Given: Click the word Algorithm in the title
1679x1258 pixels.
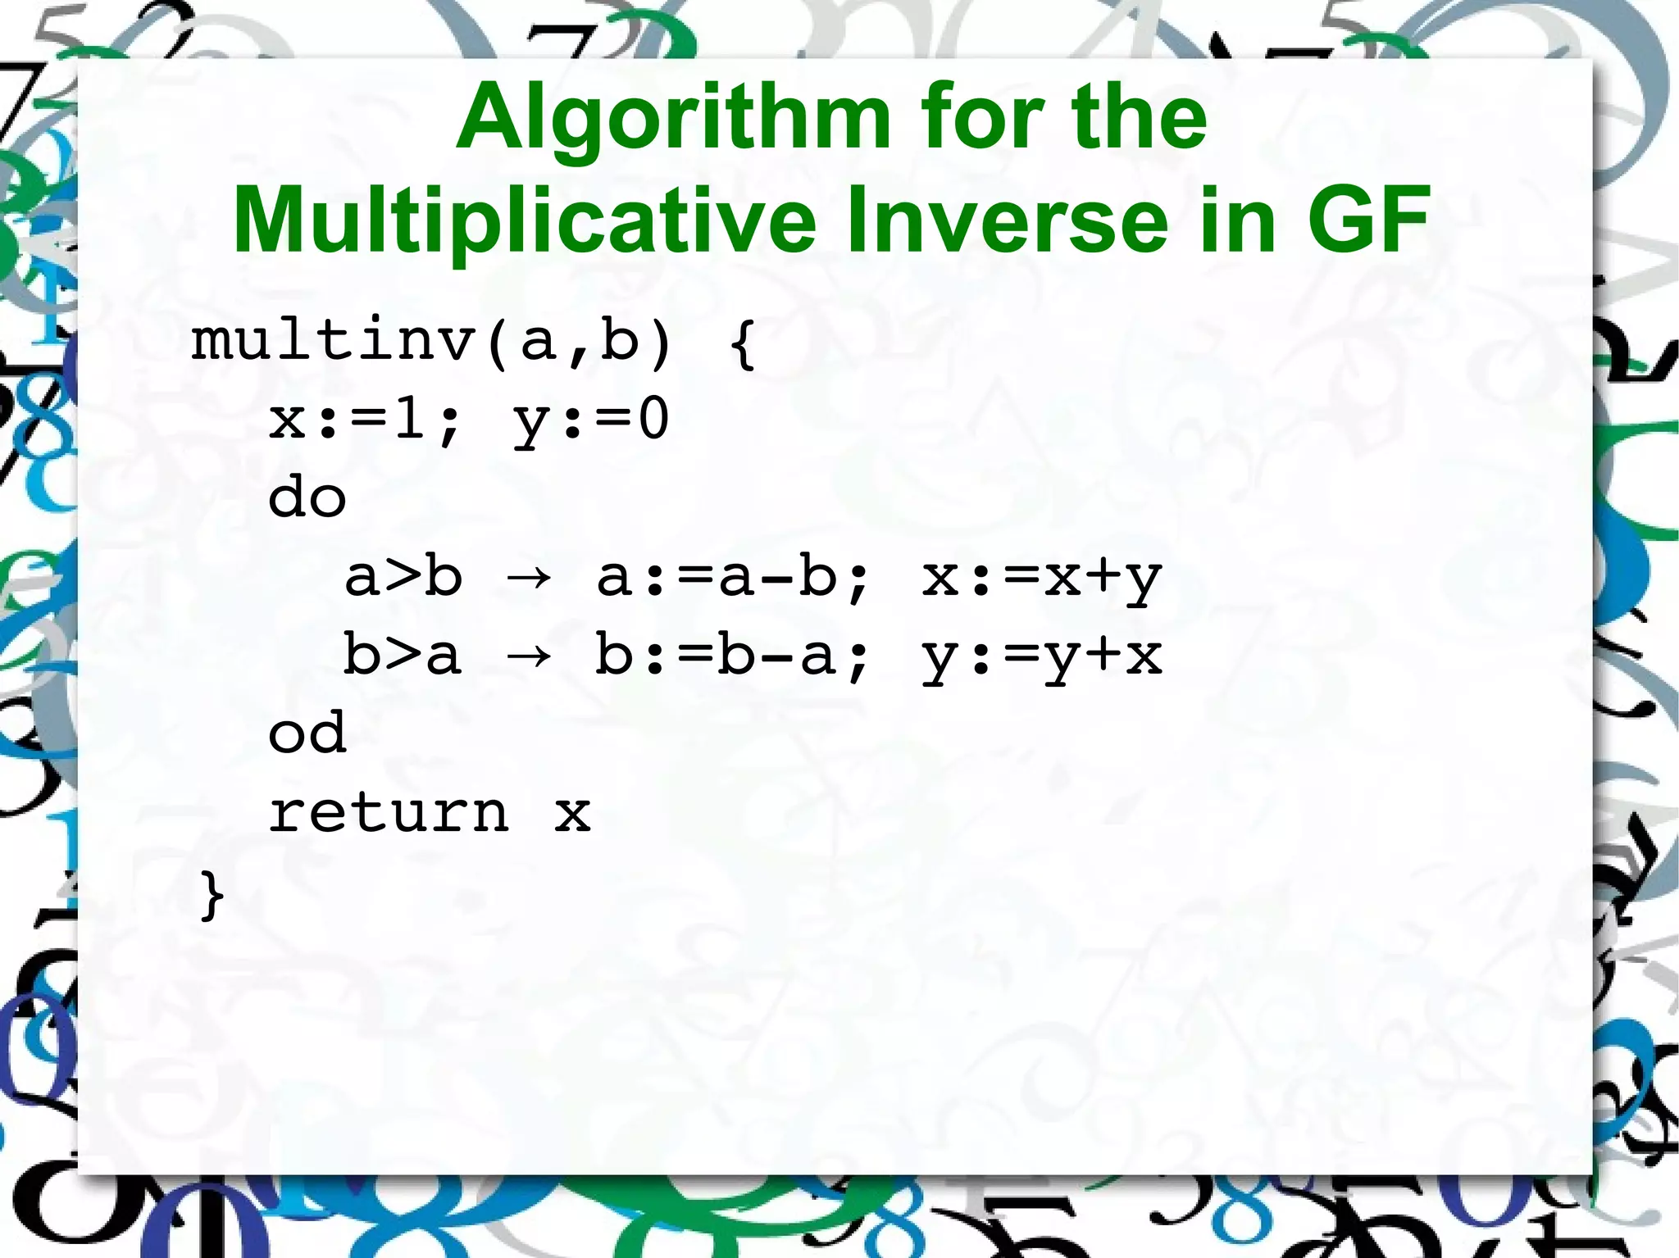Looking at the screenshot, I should [x=673, y=119].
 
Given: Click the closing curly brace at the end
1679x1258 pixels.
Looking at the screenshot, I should [x=212, y=895].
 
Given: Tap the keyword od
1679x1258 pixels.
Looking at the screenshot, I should [x=307, y=733].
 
